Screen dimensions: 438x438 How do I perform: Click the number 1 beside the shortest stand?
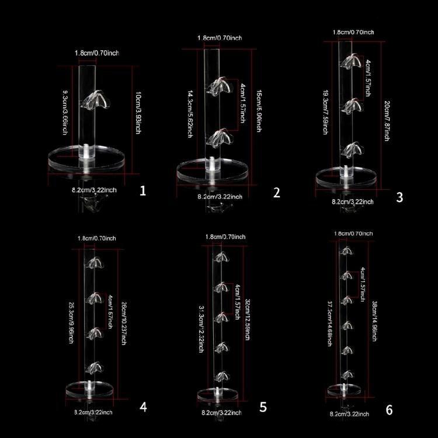point(144,191)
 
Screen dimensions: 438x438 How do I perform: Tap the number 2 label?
point(277,193)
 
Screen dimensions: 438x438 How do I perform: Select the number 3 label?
point(399,197)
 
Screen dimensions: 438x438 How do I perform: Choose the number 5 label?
point(263,406)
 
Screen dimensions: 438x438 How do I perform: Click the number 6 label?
point(389,409)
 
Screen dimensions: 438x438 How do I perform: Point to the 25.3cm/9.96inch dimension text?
point(71,315)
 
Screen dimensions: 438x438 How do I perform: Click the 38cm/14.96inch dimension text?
point(374,316)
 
